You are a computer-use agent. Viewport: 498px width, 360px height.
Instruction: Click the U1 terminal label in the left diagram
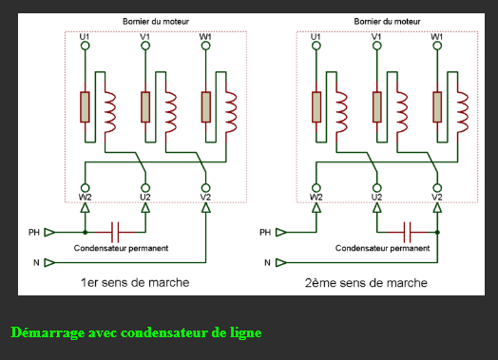[x=85, y=36]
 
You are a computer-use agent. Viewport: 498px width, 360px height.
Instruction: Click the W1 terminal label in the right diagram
[x=437, y=36]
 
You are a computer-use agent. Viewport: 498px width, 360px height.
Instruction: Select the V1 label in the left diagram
[x=145, y=36]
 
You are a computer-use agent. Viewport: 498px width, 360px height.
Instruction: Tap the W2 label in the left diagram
[x=85, y=197]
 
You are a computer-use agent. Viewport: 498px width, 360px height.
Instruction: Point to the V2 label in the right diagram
[x=437, y=197]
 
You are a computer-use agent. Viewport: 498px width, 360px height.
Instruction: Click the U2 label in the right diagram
[x=376, y=197]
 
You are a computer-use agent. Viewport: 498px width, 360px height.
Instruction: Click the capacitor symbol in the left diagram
[x=116, y=231]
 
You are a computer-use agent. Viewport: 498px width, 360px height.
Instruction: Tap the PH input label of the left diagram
[x=35, y=231]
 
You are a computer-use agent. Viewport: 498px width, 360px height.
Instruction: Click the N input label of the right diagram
[x=268, y=261]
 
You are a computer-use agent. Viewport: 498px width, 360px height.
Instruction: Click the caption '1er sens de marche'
[x=134, y=282]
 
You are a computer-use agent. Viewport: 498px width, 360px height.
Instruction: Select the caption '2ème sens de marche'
[x=366, y=282]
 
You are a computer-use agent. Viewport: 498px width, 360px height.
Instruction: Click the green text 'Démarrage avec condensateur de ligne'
[x=136, y=332]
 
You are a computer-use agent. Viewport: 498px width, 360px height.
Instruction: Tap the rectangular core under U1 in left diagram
[x=85, y=106]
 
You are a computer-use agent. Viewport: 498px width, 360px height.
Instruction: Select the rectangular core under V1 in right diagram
[x=376, y=106]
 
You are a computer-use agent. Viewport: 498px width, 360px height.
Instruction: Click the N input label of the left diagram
[x=38, y=261]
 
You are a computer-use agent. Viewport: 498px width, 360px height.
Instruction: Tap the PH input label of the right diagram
[x=266, y=231]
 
